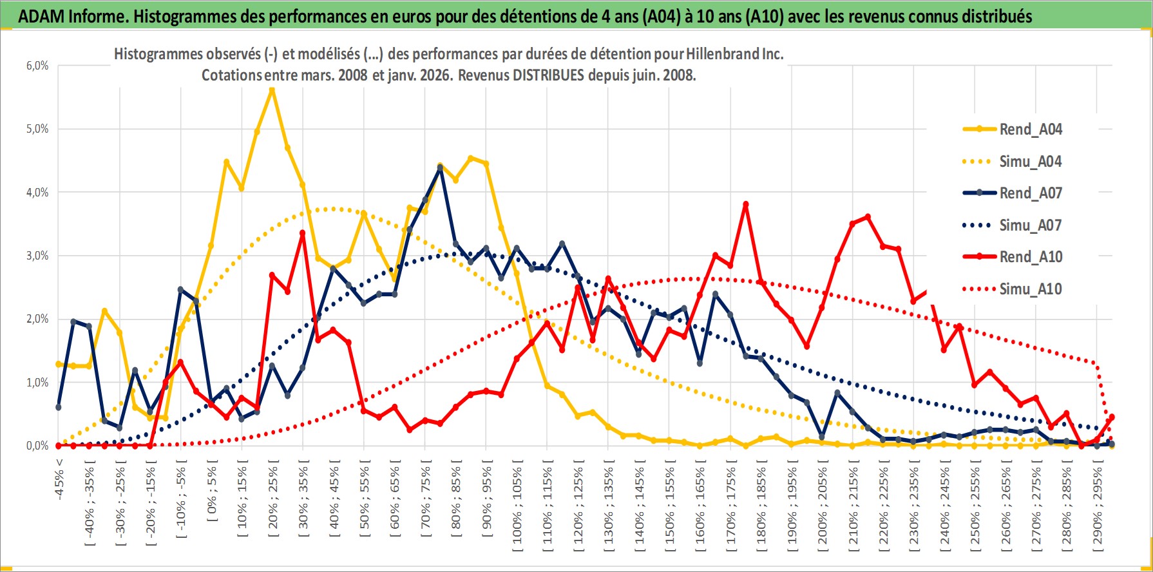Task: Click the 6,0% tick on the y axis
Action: coord(37,66)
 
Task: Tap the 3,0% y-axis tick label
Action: coord(37,256)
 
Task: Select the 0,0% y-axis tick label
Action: coord(37,446)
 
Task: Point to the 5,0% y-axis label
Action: coord(37,129)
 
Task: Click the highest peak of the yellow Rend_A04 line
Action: coord(272,90)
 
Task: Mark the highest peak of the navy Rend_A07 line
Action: coord(440,168)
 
